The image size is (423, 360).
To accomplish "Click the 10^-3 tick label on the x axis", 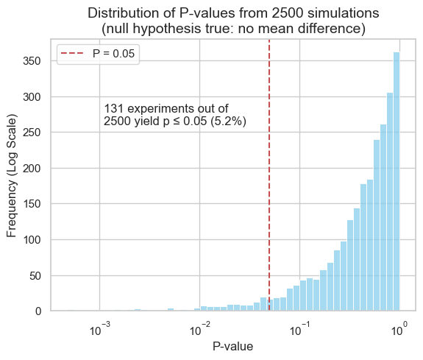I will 99,328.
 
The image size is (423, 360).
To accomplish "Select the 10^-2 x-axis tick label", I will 199,328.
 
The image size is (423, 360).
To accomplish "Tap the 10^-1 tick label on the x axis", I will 299,328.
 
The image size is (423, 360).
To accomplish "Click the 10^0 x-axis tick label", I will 399,328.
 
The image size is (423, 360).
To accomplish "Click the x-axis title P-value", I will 233,346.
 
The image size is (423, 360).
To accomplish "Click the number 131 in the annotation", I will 113,108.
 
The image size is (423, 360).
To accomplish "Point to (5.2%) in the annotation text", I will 228,121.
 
